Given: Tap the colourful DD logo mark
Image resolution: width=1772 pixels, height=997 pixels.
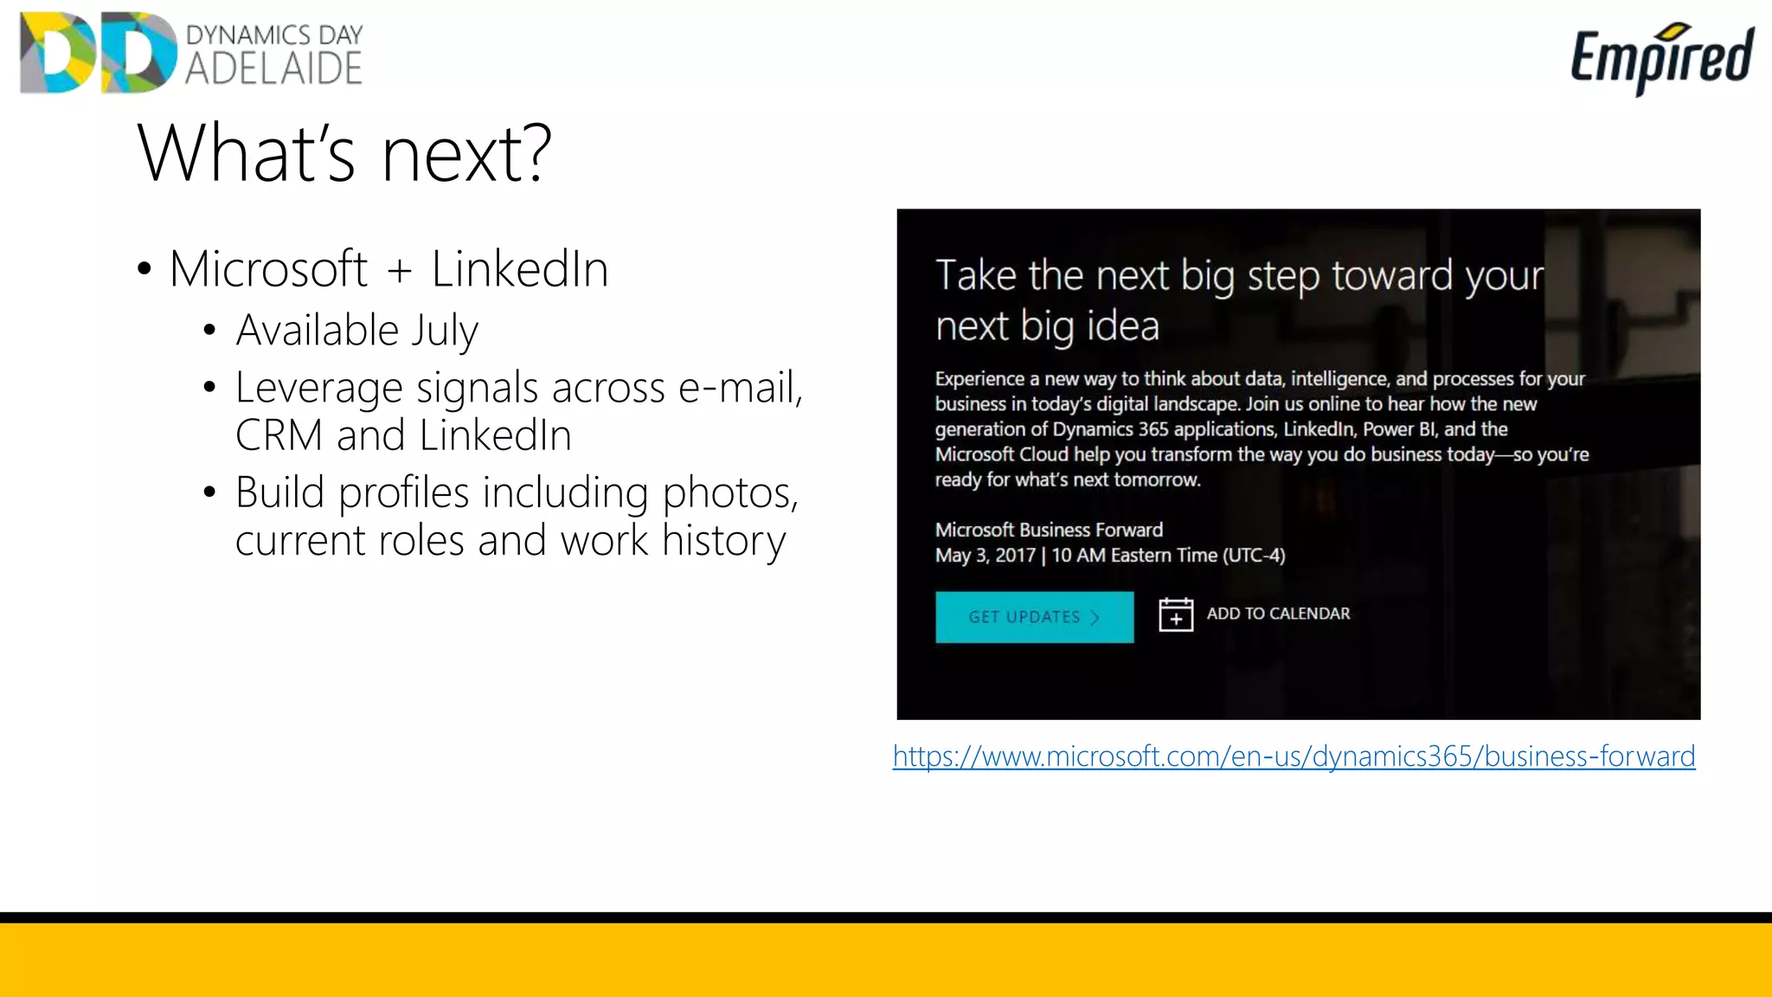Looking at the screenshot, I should (98, 52).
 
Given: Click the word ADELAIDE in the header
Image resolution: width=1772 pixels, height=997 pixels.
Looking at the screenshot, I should (273, 69).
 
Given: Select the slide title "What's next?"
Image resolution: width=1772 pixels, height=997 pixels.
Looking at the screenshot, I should (344, 153).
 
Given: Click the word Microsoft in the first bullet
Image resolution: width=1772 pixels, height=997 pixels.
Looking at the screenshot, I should (269, 269).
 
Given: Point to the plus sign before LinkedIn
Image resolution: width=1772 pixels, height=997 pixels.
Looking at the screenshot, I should (399, 270).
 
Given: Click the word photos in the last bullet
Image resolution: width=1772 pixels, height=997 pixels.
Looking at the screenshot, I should (730, 493).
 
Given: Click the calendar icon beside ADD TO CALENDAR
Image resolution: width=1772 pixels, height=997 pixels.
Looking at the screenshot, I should (1176, 614).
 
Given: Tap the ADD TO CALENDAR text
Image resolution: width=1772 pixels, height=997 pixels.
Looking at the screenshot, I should (1278, 614).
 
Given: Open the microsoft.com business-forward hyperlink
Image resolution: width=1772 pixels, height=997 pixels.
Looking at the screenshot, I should (1294, 756).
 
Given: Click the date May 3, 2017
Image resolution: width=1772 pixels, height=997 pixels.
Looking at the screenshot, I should (985, 556).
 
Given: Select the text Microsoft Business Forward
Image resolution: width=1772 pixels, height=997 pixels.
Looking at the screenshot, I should (1049, 530).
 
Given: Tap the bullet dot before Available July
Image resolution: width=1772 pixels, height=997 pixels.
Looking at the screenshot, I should (209, 331).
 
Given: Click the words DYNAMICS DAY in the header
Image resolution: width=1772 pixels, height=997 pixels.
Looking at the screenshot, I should (274, 35).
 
